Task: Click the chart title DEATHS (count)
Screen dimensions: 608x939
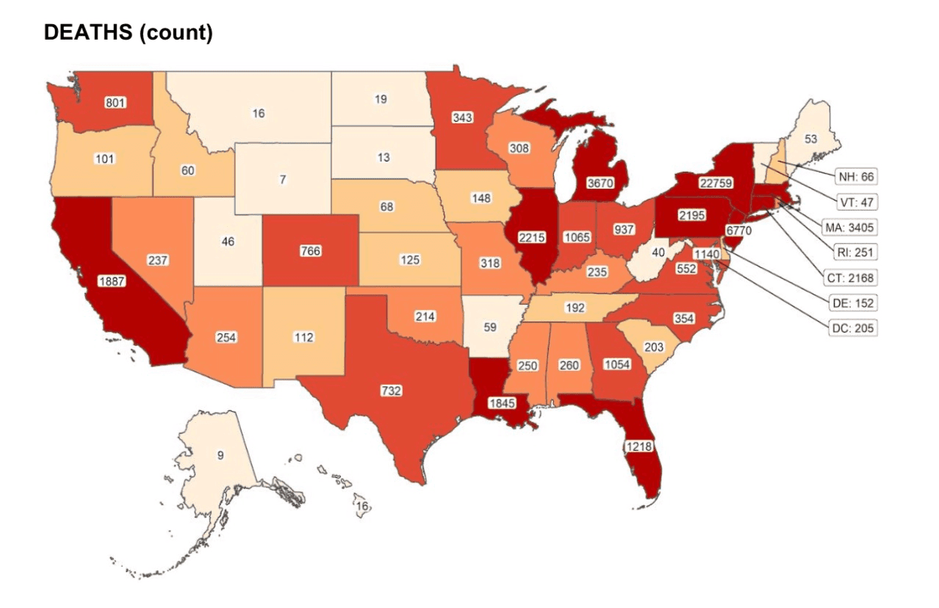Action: click(x=129, y=34)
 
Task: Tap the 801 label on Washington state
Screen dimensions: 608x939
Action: click(x=115, y=102)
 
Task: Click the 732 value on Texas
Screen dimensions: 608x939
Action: click(x=391, y=391)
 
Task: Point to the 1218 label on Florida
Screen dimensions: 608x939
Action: click(x=638, y=446)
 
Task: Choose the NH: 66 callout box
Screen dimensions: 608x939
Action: click(x=855, y=177)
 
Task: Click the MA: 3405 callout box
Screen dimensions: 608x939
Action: click(x=850, y=228)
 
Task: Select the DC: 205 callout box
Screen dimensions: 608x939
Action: click(x=852, y=328)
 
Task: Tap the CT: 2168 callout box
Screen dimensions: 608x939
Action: click(x=851, y=278)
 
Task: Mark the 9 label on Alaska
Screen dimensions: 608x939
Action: click(x=220, y=455)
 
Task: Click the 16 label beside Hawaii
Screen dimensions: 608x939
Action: click(x=361, y=507)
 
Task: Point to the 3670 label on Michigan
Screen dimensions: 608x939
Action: click(x=595, y=184)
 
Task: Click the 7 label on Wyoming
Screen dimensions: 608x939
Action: click(x=282, y=180)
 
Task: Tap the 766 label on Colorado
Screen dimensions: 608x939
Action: click(x=310, y=250)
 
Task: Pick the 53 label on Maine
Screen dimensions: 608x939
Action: click(x=810, y=139)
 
